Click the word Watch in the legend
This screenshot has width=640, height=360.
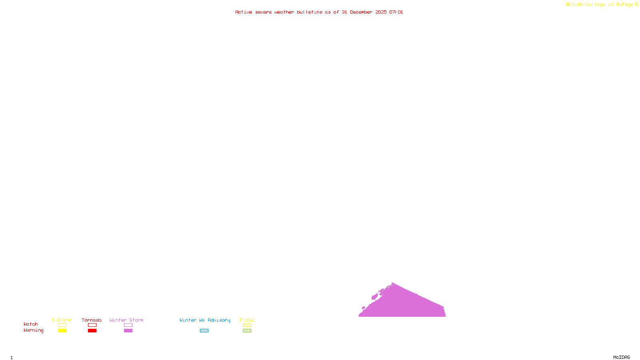[31, 324]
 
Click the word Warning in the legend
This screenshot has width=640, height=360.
[34, 330]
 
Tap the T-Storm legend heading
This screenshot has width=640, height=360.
[62, 320]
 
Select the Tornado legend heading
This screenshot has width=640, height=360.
[92, 320]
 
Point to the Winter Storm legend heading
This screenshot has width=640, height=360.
[126, 320]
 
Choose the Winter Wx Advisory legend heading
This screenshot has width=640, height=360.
[205, 320]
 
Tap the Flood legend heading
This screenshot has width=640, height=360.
[247, 320]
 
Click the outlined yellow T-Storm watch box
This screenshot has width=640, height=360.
[62, 325]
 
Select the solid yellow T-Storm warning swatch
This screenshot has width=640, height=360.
[62, 331]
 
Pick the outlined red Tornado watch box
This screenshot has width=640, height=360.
[92, 325]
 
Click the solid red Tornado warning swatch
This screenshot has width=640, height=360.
[92, 331]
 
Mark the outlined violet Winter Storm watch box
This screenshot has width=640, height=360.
[128, 325]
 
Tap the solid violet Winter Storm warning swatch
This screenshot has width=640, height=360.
[128, 331]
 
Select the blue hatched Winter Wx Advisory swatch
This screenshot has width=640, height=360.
[204, 331]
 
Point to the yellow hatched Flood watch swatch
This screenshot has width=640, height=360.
[247, 325]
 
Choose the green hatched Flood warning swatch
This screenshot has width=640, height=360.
[247, 331]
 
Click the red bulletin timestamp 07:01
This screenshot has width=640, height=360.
[396, 12]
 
